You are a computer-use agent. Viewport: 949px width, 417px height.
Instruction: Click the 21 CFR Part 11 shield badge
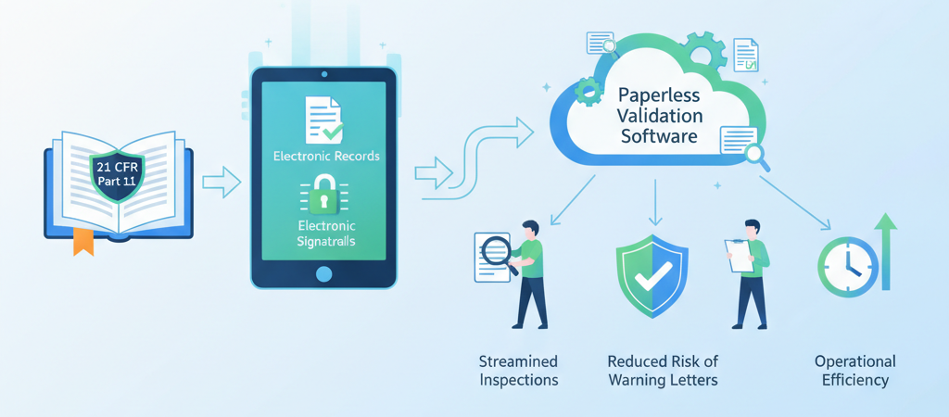117,172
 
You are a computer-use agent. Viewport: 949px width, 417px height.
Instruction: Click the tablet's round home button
323,273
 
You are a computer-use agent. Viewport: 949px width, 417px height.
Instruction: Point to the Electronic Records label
326,156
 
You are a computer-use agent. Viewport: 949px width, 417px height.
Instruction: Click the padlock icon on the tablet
324,195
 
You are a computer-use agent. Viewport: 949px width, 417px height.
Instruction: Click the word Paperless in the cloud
658,95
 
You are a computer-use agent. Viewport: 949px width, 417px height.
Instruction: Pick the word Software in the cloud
660,137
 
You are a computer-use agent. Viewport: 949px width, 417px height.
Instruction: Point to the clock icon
845,267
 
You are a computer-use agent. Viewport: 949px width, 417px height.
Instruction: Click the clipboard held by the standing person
740,255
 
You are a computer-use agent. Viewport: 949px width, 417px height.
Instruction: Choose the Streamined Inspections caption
519,371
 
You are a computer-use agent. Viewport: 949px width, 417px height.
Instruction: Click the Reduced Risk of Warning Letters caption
663,371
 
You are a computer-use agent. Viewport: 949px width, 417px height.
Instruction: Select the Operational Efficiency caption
854,371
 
